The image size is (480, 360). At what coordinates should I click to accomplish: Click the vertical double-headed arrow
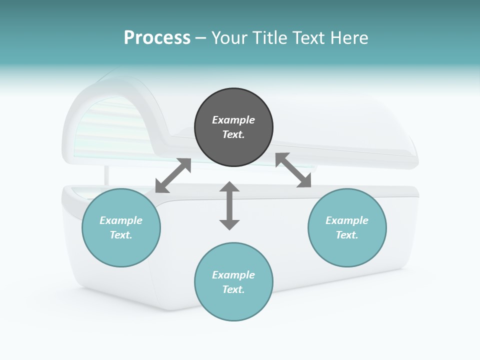pos(229,205)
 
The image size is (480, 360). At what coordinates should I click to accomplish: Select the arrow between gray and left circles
pos(173,175)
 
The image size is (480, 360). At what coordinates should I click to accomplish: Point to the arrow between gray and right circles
pos(293,170)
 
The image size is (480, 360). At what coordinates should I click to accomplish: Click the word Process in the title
pos(157,37)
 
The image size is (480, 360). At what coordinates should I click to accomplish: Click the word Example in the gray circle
pos(233,120)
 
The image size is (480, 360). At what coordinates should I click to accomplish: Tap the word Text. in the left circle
pos(121,235)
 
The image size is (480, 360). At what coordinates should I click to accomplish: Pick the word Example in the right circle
pos(347,220)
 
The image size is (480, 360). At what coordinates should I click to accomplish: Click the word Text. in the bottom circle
pos(233,289)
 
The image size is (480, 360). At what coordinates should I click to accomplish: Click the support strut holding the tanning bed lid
pos(106,175)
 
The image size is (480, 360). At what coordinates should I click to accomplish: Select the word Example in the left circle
pos(121,220)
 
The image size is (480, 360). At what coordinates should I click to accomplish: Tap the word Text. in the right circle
pos(347,235)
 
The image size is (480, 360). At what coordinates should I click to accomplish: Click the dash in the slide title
pos(201,37)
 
